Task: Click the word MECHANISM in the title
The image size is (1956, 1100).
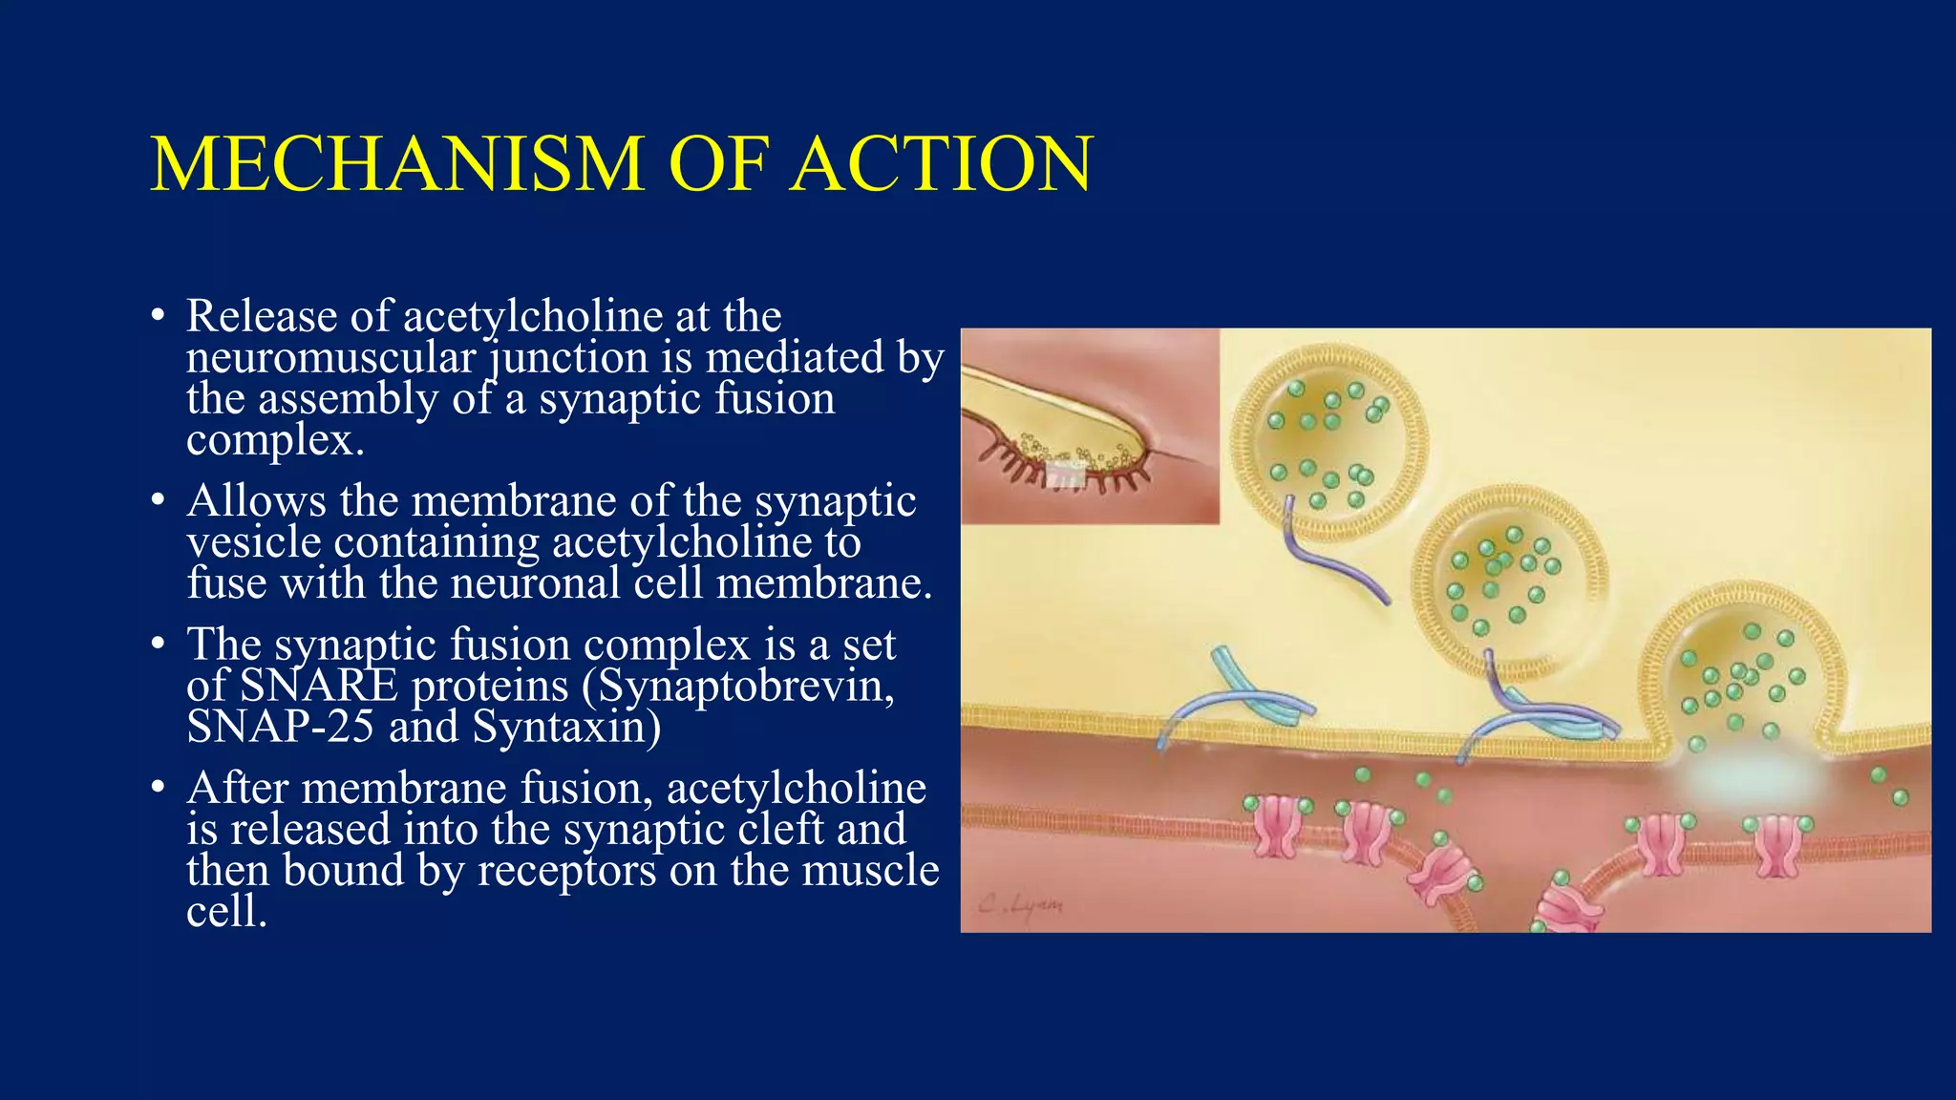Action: (396, 164)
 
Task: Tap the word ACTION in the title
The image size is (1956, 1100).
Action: (942, 164)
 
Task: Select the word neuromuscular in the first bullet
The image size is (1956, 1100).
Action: (330, 359)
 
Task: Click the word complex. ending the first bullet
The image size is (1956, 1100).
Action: (275, 441)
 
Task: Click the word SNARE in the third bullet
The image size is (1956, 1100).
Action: (318, 687)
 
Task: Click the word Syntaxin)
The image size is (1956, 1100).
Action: (566, 728)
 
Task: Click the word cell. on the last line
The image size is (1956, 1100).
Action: (226, 912)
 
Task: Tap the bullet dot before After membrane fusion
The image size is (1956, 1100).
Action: (158, 790)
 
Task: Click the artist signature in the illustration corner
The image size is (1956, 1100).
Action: (1020, 902)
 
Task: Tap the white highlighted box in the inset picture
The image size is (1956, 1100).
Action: (1066, 474)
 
